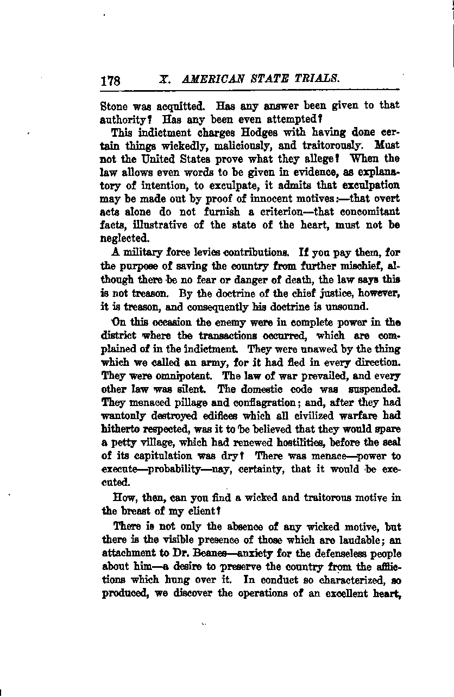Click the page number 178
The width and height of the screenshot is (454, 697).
(110, 81)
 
